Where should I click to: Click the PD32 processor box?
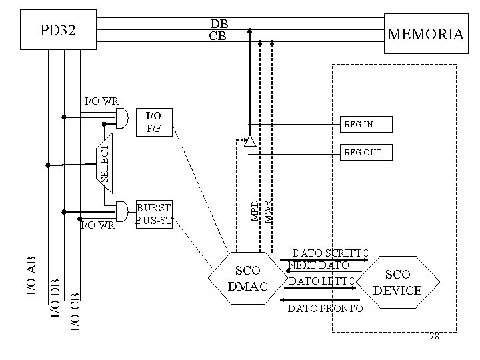(58, 30)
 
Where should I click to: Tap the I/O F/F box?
(153, 122)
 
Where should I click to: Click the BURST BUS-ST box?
(153, 213)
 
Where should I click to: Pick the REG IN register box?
(366, 124)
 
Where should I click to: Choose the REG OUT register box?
(366, 153)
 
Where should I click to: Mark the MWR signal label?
(268, 211)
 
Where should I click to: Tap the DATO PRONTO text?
(325, 309)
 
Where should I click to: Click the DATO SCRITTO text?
(331, 253)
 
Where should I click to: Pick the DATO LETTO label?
(320, 282)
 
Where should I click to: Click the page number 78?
(434, 337)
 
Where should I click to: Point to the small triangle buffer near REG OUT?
(249, 142)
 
